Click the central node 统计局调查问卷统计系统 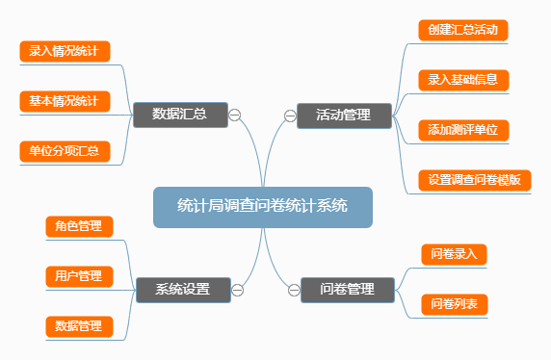(262, 206)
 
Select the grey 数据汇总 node (181, 116)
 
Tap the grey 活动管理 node (344, 116)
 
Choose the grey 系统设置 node (182, 289)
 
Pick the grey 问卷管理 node (347, 289)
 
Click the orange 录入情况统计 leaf (66, 51)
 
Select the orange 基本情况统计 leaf (66, 101)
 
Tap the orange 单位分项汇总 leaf (66, 151)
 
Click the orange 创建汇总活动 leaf (463, 30)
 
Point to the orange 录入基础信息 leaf (463, 79)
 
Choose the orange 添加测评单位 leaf (463, 129)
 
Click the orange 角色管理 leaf (79, 226)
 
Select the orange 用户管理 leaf (79, 276)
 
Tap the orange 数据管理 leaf (79, 326)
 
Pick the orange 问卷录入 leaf (456, 254)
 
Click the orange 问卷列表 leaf (456, 304)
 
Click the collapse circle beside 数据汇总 (235, 116)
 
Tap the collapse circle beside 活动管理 (290, 116)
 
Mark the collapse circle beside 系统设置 (237, 289)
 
